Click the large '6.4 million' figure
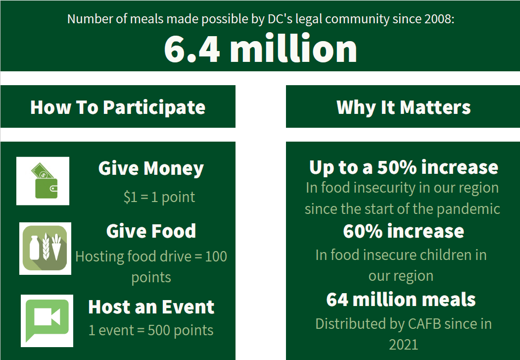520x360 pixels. [x=260, y=49]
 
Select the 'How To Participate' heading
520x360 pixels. [x=118, y=107]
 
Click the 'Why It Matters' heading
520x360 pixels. [x=404, y=107]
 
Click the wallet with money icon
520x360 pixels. [x=45, y=181]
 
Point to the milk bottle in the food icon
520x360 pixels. [x=34, y=248]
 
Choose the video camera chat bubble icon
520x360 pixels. [x=47, y=320]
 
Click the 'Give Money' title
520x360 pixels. [x=151, y=168]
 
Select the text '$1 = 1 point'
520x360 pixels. [x=159, y=197]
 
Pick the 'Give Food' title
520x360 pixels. [x=151, y=231]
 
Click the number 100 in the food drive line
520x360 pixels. [x=216, y=257]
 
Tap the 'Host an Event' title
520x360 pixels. [x=151, y=307]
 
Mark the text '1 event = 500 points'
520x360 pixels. [x=151, y=330]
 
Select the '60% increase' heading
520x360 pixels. [x=404, y=231]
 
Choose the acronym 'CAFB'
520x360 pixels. [x=425, y=324]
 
